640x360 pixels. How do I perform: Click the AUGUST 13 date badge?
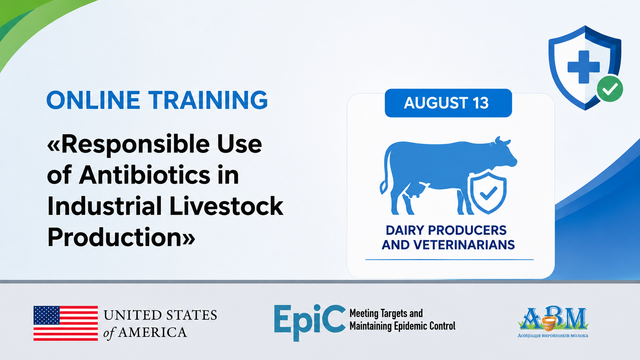point(448,103)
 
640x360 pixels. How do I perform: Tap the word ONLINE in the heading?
point(93,100)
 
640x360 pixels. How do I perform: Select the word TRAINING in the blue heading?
point(208,100)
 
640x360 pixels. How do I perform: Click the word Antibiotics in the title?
point(145,175)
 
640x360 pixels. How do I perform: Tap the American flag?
point(66,323)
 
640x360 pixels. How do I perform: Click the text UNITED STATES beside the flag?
point(160,315)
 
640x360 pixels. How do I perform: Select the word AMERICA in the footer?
point(153,332)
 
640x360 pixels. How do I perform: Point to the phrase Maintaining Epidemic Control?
point(402,326)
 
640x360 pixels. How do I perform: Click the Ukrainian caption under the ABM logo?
point(553,336)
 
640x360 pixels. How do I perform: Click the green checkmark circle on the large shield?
point(610,89)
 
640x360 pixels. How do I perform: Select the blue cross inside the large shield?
point(583,67)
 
